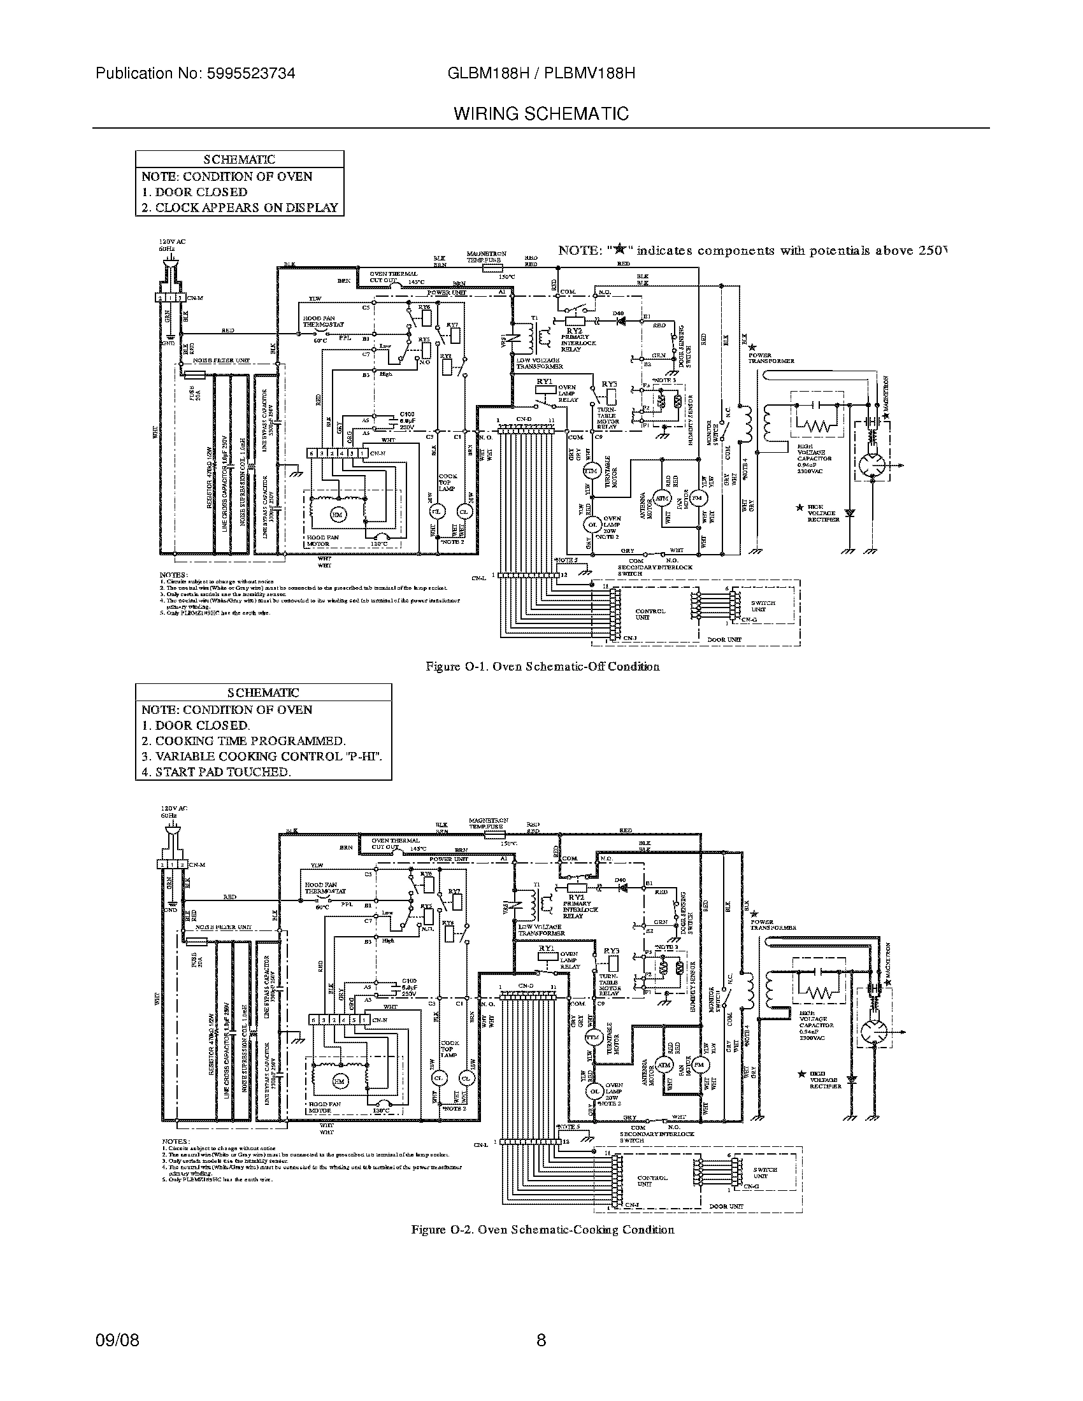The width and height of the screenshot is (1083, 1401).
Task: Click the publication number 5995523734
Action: (x=252, y=73)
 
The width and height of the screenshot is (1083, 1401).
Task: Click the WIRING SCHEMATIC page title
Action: (x=541, y=114)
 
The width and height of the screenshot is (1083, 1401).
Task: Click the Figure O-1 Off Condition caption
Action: (x=542, y=667)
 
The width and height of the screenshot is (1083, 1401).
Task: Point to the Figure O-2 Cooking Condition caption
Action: (x=542, y=1230)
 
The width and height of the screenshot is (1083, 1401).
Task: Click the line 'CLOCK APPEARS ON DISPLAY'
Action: (x=240, y=208)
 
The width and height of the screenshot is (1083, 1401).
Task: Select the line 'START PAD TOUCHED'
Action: (x=216, y=772)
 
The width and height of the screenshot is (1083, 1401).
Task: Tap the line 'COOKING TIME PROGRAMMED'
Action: (x=243, y=741)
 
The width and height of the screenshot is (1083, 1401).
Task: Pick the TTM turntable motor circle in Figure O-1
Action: (x=590, y=471)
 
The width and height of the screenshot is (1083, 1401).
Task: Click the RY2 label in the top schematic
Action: (x=574, y=331)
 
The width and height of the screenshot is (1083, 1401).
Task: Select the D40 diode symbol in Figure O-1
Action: (x=620, y=318)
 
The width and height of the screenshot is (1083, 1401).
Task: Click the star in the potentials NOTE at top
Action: (x=619, y=250)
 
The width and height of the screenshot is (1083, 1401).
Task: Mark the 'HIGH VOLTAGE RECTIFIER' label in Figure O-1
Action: (x=823, y=513)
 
